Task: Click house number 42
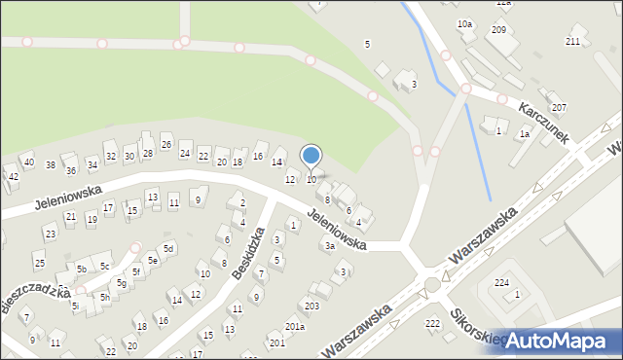click(x=13, y=176)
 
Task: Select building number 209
click(x=498, y=30)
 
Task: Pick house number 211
click(x=572, y=41)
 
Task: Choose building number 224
click(x=501, y=282)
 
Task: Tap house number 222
click(x=432, y=322)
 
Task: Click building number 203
click(x=311, y=306)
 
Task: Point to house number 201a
click(x=295, y=326)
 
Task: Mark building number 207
click(x=559, y=107)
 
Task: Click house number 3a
click(x=330, y=246)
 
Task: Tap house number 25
click(x=39, y=263)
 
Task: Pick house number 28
click(x=148, y=153)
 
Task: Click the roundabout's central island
click(x=431, y=284)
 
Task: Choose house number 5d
click(x=168, y=248)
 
